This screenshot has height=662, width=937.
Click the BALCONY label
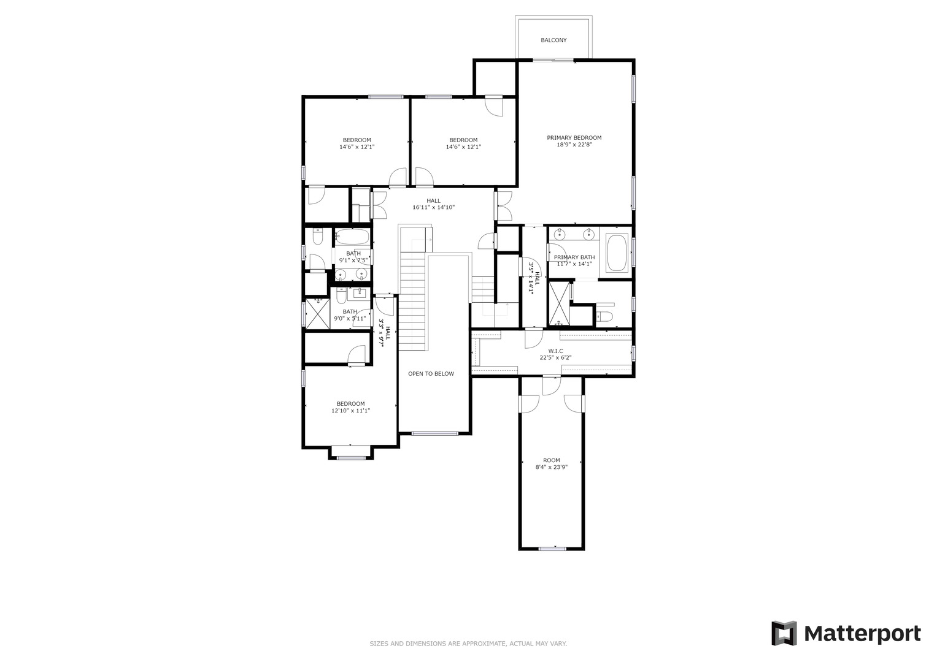(553, 40)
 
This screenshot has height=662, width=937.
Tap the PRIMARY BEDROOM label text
(574, 137)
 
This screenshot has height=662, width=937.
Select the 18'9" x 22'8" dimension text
(574, 145)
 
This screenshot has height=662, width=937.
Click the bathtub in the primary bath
(617, 253)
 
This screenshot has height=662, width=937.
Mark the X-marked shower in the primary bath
(559, 303)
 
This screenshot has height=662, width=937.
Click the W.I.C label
(555, 351)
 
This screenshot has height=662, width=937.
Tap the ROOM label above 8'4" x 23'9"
(551, 460)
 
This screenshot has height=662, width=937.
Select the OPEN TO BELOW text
(431, 374)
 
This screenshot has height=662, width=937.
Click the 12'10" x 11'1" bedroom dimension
(350, 411)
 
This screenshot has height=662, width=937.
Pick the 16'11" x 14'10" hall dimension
(433, 207)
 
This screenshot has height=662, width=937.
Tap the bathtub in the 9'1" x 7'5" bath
(352, 237)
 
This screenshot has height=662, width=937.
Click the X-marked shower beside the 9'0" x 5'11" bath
(317, 313)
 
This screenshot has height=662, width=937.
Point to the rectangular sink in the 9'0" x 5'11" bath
(358, 293)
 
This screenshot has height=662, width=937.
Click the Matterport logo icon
(784, 633)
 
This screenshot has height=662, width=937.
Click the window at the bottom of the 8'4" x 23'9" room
(552, 549)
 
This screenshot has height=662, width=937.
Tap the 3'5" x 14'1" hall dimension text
(530, 278)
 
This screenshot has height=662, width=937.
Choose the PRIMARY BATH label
(574, 257)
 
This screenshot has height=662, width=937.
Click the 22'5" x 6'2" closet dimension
(555, 358)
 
